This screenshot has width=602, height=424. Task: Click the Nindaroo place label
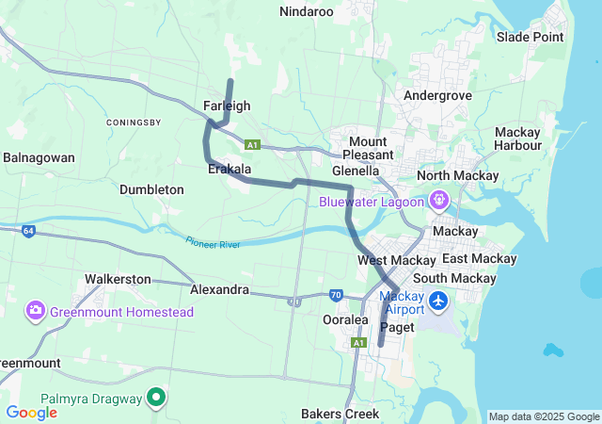pyautogui.click(x=307, y=11)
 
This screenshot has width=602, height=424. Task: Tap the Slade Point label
pyautogui.click(x=531, y=37)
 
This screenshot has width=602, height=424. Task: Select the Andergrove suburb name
pyautogui.click(x=436, y=95)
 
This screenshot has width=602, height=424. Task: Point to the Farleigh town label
pyautogui.click(x=227, y=106)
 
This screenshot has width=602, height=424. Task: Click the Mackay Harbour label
pyautogui.click(x=517, y=139)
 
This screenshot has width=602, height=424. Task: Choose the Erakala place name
pyautogui.click(x=230, y=169)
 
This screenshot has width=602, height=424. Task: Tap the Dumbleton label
pyautogui.click(x=151, y=189)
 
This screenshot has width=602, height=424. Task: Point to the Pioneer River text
pyautogui.click(x=213, y=243)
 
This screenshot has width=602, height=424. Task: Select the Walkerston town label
pyautogui.click(x=118, y=279)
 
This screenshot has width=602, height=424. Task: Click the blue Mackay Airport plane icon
pyautogui.click(x=439, y=302)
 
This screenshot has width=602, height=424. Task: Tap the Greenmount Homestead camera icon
pyautogui.click(x=36, y=311)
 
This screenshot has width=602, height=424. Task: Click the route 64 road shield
pyautogui.click(x=28, y=231)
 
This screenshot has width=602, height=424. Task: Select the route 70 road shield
pyautogui.click(x=336, y=295)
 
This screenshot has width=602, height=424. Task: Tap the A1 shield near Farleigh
pyautogui.click(x=251, y=145)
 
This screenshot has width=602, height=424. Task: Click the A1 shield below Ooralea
pyautogui.click(x=358, y=343)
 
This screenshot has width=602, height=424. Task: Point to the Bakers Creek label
pyautogui.click(x=340, y=414)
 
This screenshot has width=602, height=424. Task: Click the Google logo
pyautogui.click(x=31, y=412)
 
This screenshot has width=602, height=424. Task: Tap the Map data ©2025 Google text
pyautogui.click(x=543, y=416)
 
